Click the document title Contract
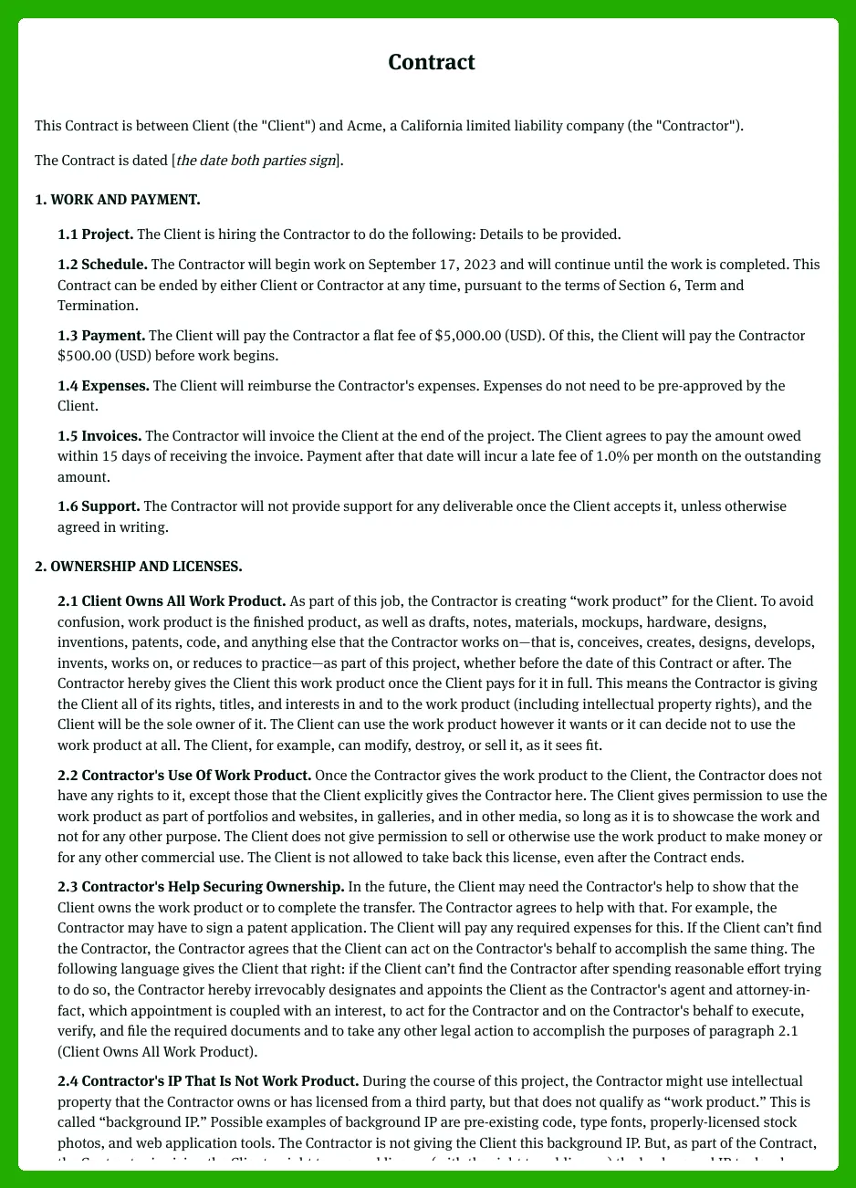coord(431,62)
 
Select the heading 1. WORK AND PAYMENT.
coord(117,199)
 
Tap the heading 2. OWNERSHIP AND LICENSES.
coord(138,567)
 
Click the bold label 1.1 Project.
coord(95,234)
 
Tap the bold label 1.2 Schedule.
coord(102,264)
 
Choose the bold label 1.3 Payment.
coord(100,335)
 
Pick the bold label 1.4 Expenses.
coord(103,385)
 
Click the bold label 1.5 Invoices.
coord(99,435)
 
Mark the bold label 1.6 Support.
coord(99,505)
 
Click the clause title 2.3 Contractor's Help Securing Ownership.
coord(201,886)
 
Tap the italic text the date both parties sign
coord(256,161)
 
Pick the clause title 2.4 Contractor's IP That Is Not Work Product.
coord(207,1080)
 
